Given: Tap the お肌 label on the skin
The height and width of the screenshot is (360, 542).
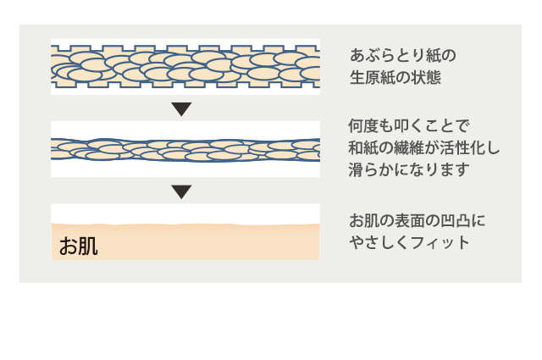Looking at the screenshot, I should click(x=79, y=246).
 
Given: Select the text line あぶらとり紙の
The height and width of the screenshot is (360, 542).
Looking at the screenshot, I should click(x=403, y=56).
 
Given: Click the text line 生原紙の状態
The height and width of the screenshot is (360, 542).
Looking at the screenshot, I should click(x=396, y=78).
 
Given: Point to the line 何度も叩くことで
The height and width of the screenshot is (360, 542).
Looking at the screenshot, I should click(x=409, y=126).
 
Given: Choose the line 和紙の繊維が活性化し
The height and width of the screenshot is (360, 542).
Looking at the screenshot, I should click(x=424, y=148).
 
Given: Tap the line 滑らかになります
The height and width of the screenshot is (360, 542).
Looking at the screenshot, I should click(x=409, y=169).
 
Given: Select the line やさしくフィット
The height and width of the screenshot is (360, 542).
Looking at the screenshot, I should click(x=410, y=242).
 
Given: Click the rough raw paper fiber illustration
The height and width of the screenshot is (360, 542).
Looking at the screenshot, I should click(x=185, y=66).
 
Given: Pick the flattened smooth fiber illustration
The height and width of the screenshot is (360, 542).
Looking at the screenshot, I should click(x=185, y=149).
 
